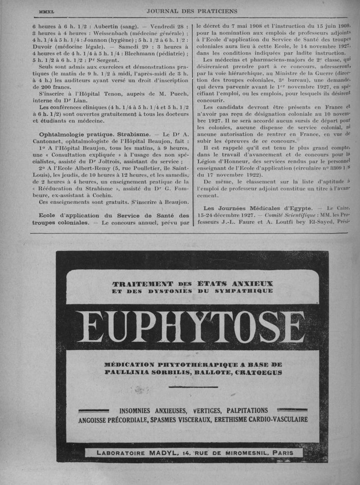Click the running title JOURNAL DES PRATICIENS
[192, 10]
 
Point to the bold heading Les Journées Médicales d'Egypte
[258, 208]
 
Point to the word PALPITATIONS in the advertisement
[247, 411]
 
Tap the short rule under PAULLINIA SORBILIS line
[192, 387]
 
